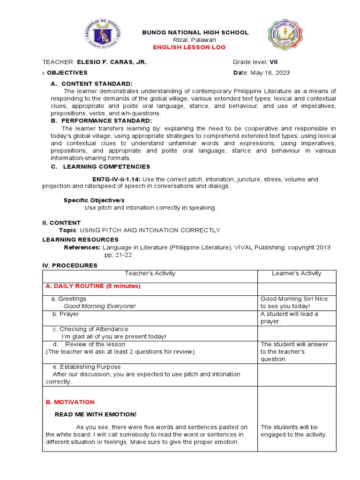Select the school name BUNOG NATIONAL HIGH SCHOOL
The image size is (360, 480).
195,32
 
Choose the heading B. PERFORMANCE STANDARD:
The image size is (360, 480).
101,120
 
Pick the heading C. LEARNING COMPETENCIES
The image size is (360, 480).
100,166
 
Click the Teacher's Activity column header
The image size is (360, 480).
150,273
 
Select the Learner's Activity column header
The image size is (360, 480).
297,273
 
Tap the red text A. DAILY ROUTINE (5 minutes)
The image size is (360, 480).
93,286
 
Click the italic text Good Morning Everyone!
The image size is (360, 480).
99,306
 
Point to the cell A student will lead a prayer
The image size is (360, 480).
289,318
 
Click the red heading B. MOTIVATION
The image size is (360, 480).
70,402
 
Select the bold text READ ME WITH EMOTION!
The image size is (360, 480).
96,414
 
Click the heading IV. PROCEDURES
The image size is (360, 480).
70,265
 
